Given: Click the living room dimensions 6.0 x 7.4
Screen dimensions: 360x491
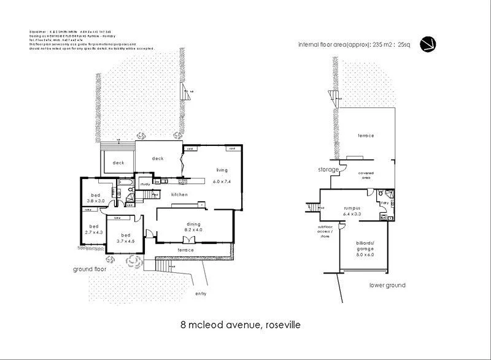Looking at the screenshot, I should tap(222, 182).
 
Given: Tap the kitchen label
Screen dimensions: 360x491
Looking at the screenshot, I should tap(179, 194).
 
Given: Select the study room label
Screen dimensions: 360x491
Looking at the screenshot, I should tap(146, 183).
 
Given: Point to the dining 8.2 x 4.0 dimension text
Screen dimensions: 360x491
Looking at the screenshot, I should tap(185, 229).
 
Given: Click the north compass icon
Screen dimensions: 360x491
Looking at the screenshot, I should tap(428, 44).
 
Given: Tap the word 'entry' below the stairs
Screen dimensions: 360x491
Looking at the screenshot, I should tap(201, 294).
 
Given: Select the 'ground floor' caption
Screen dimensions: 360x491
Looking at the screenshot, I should tap(90, 269).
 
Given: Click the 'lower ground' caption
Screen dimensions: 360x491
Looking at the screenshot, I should tap(387, 285).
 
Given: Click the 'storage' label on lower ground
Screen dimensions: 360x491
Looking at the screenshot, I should tap(328, 169).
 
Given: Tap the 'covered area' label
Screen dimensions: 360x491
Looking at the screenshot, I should tap(366, 175).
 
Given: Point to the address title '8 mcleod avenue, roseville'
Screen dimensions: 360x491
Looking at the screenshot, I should tap(240, 324).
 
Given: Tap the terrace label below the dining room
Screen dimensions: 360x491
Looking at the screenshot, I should tap(185, 250).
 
